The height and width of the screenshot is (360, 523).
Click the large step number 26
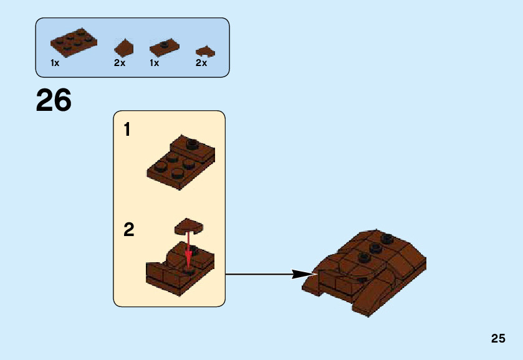pos(54,100)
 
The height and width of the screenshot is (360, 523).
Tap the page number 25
pos(497,338)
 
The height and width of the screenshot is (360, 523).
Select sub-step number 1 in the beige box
pos(127,130)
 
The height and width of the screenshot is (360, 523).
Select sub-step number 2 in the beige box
pos(128,230)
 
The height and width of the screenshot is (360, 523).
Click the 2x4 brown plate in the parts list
pos(74,42)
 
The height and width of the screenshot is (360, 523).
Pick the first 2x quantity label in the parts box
pos(120,63)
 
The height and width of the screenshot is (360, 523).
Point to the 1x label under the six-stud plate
pos(55,63)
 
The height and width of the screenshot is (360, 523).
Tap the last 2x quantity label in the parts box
pos(201,63)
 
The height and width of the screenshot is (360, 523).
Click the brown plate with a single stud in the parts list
pos(164,47)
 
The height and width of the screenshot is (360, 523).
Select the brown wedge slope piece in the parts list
pos(123,48)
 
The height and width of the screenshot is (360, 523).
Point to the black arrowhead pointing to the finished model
pos(304,274)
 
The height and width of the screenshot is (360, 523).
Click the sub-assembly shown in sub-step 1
pos(181,161)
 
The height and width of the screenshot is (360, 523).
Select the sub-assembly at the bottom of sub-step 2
pos(180,271)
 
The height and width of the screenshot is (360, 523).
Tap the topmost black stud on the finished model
pos(388,237)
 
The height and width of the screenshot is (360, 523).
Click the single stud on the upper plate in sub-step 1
pos(191,142)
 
